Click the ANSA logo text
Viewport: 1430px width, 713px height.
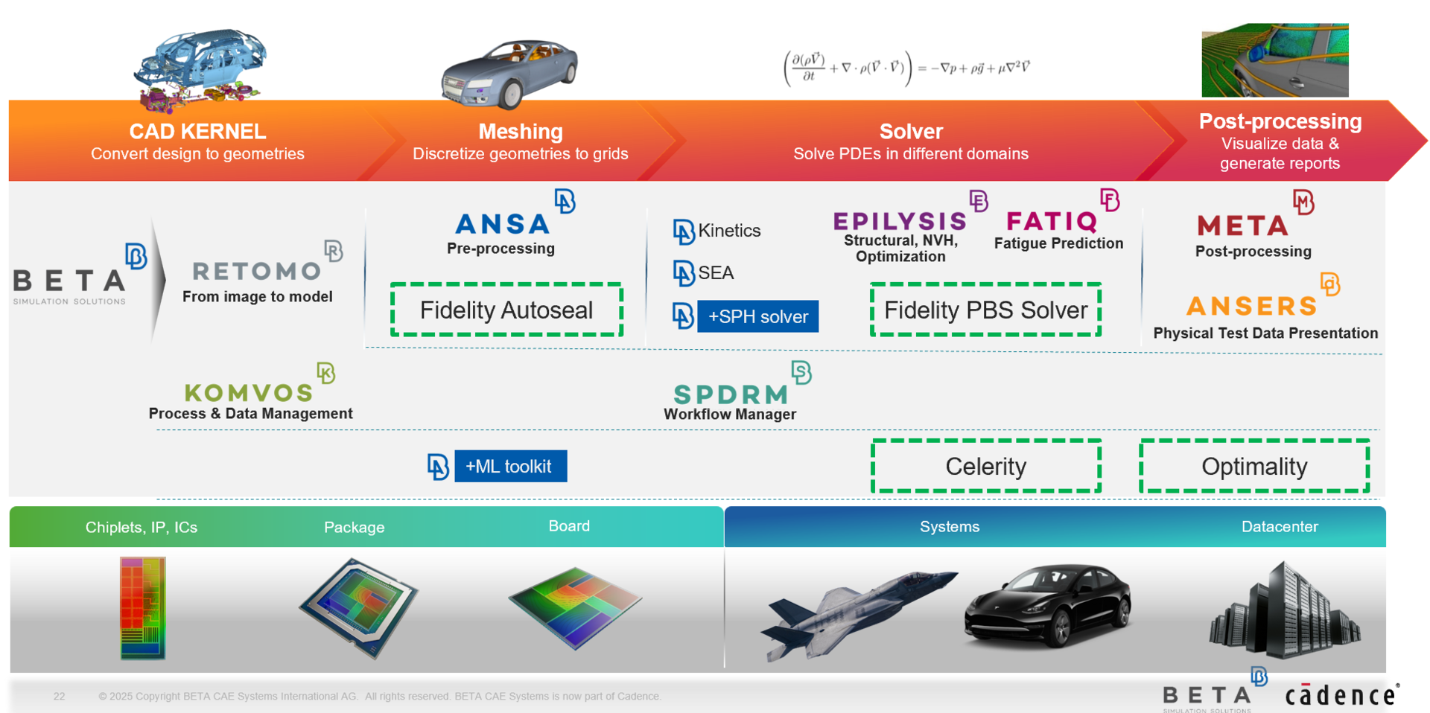502,224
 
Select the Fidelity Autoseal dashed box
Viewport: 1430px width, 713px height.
506,310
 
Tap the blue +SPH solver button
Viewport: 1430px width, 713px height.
757,316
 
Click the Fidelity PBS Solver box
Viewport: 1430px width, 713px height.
985,310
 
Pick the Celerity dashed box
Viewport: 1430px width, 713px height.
985,467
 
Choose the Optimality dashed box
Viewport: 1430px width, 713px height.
1254,467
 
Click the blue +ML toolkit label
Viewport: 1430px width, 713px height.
510,467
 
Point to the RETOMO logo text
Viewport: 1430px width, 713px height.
256,271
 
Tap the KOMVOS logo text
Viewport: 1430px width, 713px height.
248,392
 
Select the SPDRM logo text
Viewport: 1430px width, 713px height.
730,394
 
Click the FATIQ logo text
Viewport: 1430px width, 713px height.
1052,222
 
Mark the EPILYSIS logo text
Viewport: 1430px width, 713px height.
900,221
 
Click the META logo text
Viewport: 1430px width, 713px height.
1242,226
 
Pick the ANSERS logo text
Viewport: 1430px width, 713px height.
1251,306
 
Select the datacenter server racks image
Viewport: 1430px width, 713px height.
1286,610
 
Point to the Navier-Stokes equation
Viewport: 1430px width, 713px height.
907,68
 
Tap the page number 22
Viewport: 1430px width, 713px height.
60,697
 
